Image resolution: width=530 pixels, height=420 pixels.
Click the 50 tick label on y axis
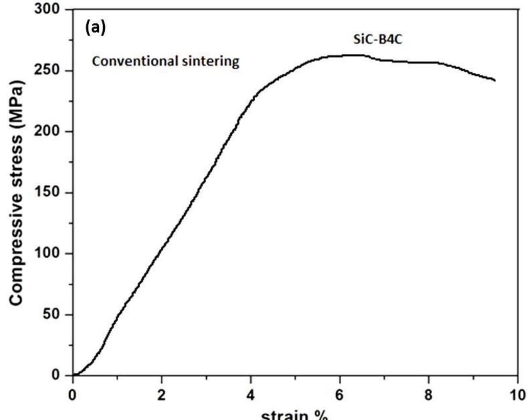pyautogui.click(x=53, y=315)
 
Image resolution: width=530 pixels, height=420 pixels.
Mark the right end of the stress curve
pyautogui.click(x=495, y=80)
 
